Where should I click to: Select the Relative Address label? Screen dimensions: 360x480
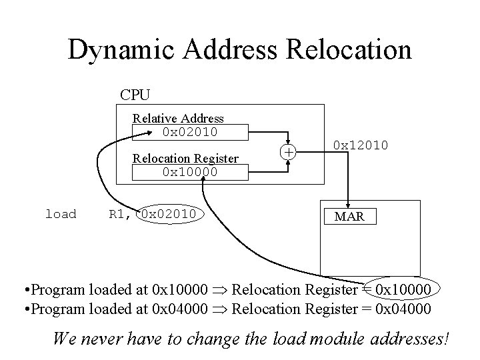tap(178, 118)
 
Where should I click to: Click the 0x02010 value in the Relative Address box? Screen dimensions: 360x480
tap(190, 131)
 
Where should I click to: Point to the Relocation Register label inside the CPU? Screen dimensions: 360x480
tap(186, 158)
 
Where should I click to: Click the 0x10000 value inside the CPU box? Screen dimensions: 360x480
tap(190, 171)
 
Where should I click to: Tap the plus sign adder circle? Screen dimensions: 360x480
tap(289, 152)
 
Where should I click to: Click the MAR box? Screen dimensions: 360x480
tap(349, 217)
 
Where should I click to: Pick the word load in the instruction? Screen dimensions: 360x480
tap(61, 214)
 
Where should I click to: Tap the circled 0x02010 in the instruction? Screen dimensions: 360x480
tap(169, 214)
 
